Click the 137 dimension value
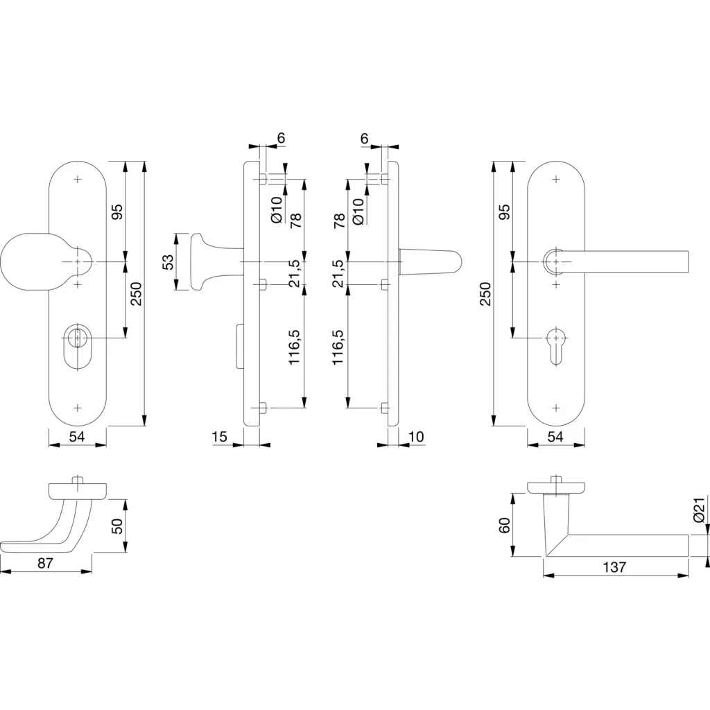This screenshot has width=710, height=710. tap(614, 566)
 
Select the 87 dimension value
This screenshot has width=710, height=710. tap(45, 563)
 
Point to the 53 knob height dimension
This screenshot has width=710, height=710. tap(168, 261)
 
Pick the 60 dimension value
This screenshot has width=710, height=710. tap(505, 526)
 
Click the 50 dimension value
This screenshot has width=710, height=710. tap(116, 526)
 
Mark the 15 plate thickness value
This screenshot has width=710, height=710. tap(219, 437)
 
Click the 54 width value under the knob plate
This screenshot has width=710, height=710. tap(77, 437)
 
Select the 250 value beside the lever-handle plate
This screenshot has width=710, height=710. tap(485, 293)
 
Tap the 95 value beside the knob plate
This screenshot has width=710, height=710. tap(116, 212)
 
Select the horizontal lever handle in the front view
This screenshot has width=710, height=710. tap(616, 261)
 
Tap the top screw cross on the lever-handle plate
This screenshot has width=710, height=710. tap(556, 180)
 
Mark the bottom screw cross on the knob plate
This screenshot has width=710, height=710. tap(78, 408)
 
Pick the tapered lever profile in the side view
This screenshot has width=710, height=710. tap(430, 261)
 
